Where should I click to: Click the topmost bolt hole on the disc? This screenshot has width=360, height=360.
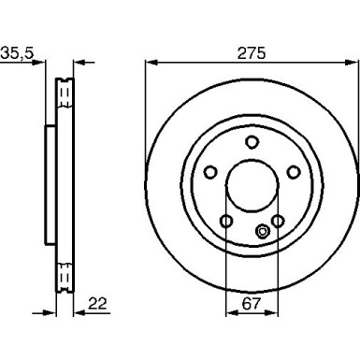tap(252, 141)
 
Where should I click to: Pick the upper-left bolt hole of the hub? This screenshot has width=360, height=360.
tap(210, 171)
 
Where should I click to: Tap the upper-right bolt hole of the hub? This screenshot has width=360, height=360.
tap(293, 171)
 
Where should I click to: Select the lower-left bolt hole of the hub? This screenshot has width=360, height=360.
tap(226, 221)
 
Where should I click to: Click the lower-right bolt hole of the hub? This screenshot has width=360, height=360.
tap(278, 221)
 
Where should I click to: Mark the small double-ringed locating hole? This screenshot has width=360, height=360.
tap(262, 233)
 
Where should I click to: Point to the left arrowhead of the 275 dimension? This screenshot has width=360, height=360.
tap(151, 64)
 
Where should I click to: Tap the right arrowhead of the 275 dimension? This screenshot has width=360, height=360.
tap(353, 64)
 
